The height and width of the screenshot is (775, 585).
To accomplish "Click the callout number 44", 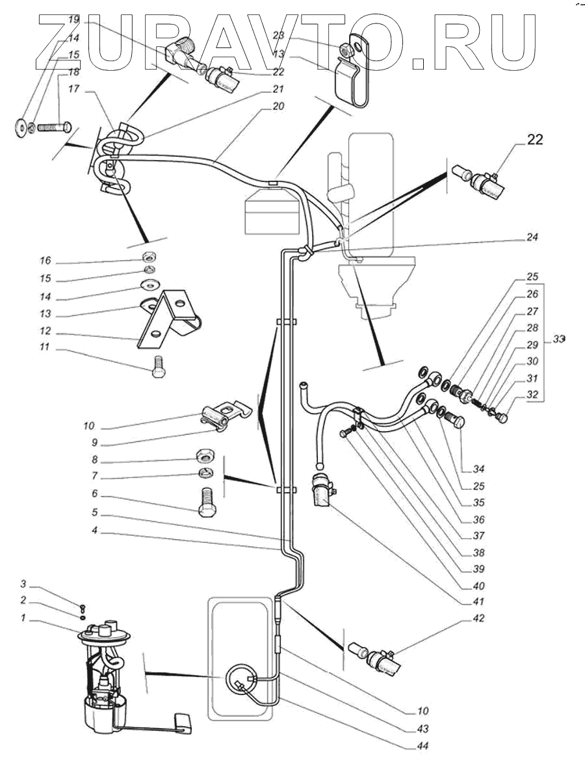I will click(423, 746).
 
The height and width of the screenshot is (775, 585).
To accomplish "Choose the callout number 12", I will click(45, 332).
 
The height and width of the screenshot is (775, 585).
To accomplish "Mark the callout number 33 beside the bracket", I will click(560, 339).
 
